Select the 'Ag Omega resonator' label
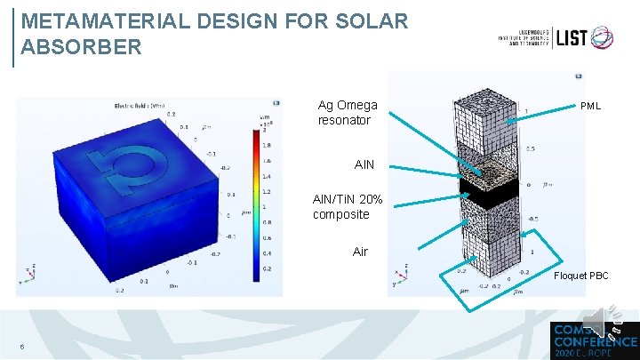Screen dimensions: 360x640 point(348,113)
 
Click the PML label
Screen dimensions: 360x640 point(590,106)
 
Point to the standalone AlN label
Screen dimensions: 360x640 point(364,165)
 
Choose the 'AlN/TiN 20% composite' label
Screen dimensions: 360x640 point(348,207)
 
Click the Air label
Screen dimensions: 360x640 point(359,252)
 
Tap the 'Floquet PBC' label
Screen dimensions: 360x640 point(581,276)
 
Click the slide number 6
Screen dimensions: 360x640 point(21,347)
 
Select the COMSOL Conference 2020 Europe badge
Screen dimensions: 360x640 point(592,339)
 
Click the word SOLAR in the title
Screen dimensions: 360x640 point(364,20)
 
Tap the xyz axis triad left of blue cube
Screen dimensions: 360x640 point(28,272)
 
